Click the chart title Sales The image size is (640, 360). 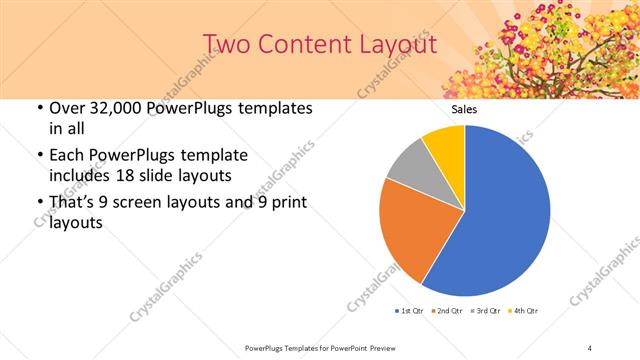point(464,109)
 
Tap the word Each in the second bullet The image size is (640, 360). point(68,155)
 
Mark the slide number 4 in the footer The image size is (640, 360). point(590,347)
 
